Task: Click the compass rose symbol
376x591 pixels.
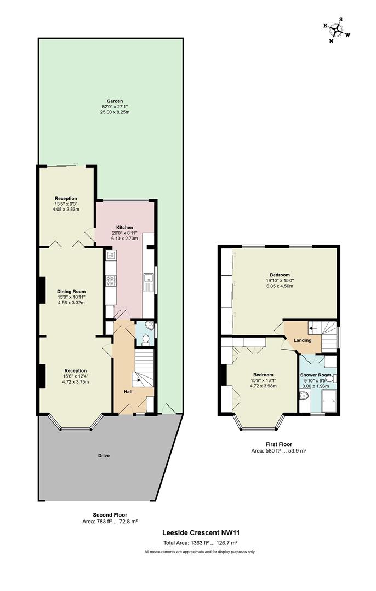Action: [x=336, y=30]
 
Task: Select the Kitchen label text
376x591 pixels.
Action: [x=124, y=228]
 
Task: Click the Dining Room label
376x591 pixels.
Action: [x=71, y=291]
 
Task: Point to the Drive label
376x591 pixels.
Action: [x=104, y=456]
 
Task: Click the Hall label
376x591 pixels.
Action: [x=128, y=392]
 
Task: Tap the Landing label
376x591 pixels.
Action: [x=303, y=340]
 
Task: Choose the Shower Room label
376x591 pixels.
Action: [x=316, y=375]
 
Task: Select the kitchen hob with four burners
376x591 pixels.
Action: [x=111, y=280]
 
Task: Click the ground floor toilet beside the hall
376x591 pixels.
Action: [x=145, y=341]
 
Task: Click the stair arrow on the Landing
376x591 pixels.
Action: [x=314, y=328]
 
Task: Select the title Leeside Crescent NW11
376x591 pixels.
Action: [x=201, y=532]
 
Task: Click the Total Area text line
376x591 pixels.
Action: [x=200, y=543]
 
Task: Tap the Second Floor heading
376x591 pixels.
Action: [x=110, y=515]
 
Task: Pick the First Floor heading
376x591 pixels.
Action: [x=278, y=444]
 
